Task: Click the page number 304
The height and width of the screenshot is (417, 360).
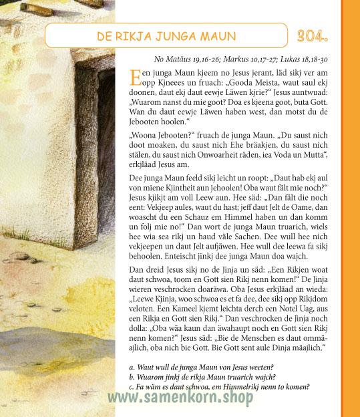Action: coord(312,35)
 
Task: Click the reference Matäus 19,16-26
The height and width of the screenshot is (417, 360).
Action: coord(192,59)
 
